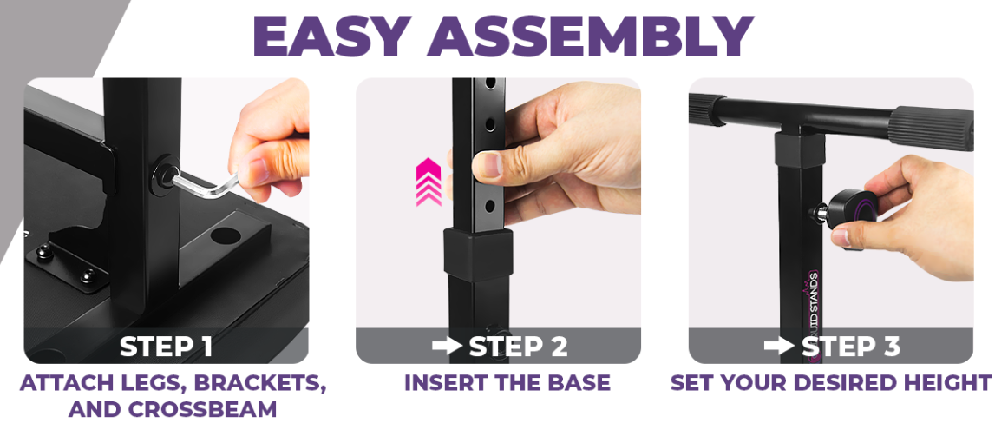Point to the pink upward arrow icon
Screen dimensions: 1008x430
pos(429,182)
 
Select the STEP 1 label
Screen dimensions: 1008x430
pos(166,347)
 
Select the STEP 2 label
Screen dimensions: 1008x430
pos(518,347)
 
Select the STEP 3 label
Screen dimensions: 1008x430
pos(850,347)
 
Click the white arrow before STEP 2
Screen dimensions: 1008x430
pos(447,347)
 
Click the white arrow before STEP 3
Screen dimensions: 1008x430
pos(779,347)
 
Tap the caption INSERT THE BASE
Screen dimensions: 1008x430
pos(507,382)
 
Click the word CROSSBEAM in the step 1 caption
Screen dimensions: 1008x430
pos(203,409)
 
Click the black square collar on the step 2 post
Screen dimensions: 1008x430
pos(478,255)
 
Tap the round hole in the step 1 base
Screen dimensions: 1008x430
pos(226,235)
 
